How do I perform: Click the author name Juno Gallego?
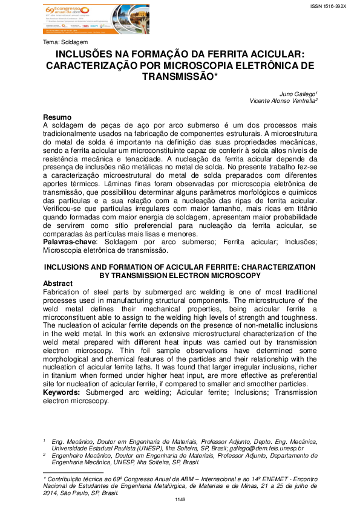click(298, 94)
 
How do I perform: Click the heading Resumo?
click(57, 116)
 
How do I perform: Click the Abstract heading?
click(59, 284)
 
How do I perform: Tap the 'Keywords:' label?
click(62, 392)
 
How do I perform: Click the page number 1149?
click(180, 500)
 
